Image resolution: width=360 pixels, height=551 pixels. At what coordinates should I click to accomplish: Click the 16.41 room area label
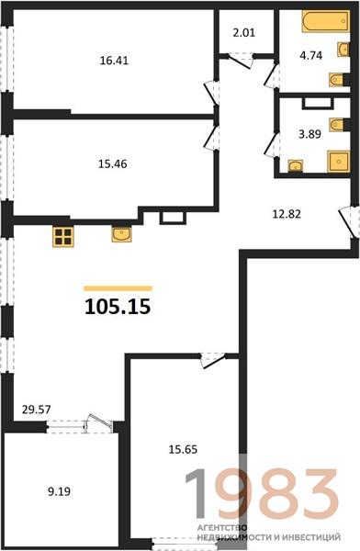114,61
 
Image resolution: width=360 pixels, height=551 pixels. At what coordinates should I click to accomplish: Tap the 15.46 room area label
112,163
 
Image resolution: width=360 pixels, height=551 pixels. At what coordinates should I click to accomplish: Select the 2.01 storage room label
243,33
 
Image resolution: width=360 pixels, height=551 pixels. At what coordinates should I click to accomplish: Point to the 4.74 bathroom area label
310,55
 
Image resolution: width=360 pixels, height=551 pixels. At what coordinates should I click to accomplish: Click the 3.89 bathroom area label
309,134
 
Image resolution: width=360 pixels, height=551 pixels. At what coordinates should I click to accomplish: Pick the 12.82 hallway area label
287,214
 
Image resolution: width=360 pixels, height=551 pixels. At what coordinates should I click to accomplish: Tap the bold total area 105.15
118,307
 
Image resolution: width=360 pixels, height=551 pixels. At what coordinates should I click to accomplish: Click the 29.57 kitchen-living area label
36,410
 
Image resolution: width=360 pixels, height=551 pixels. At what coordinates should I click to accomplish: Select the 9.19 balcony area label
59,491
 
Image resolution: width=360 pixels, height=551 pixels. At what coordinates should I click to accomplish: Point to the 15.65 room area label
183,449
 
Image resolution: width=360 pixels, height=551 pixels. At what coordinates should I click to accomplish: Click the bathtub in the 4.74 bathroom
326,22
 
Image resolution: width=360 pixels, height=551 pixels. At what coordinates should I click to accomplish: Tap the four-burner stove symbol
63,237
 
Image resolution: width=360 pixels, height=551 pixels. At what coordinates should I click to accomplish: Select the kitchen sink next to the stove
121,234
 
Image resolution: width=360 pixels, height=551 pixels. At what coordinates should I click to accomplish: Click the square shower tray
339,162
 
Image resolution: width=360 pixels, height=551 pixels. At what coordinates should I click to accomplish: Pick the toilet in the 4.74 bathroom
338,80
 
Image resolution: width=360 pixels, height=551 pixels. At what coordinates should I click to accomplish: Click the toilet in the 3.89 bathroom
338,125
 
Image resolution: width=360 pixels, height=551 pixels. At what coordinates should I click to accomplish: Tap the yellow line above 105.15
118,288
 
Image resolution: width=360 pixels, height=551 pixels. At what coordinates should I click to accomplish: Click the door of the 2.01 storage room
242,61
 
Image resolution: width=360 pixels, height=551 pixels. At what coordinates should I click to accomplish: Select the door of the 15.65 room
213,361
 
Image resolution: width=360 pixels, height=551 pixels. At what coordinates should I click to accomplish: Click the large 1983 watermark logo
262,493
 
